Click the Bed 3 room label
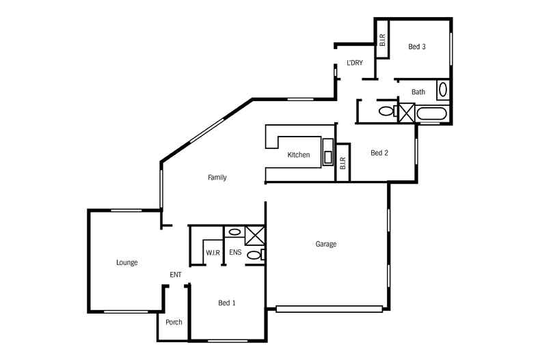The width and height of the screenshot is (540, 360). [417, 47]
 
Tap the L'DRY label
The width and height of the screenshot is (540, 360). [354, 63]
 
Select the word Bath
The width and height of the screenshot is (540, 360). [418, 92]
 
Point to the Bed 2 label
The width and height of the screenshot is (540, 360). [379, 153]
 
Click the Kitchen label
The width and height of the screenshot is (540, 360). [298, 155]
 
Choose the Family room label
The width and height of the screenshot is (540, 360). [217, 178]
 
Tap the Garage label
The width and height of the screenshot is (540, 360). [326, 244]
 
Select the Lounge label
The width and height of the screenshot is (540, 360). [127, 262]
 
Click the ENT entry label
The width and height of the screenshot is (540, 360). [176, 275]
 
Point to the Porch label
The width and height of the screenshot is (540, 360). [174, 322]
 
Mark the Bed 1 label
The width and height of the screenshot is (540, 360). [227, 303]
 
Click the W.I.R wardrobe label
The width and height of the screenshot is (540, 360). [213, 253]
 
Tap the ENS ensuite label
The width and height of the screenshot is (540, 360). [235, 253]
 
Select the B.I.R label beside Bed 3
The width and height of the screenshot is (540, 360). [382, 40]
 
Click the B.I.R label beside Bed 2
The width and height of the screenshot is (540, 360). [342, 163]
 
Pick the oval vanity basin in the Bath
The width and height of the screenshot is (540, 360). [442, 89]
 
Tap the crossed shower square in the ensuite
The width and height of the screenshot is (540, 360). [254, 235]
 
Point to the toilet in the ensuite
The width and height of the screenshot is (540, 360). [255, 255]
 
